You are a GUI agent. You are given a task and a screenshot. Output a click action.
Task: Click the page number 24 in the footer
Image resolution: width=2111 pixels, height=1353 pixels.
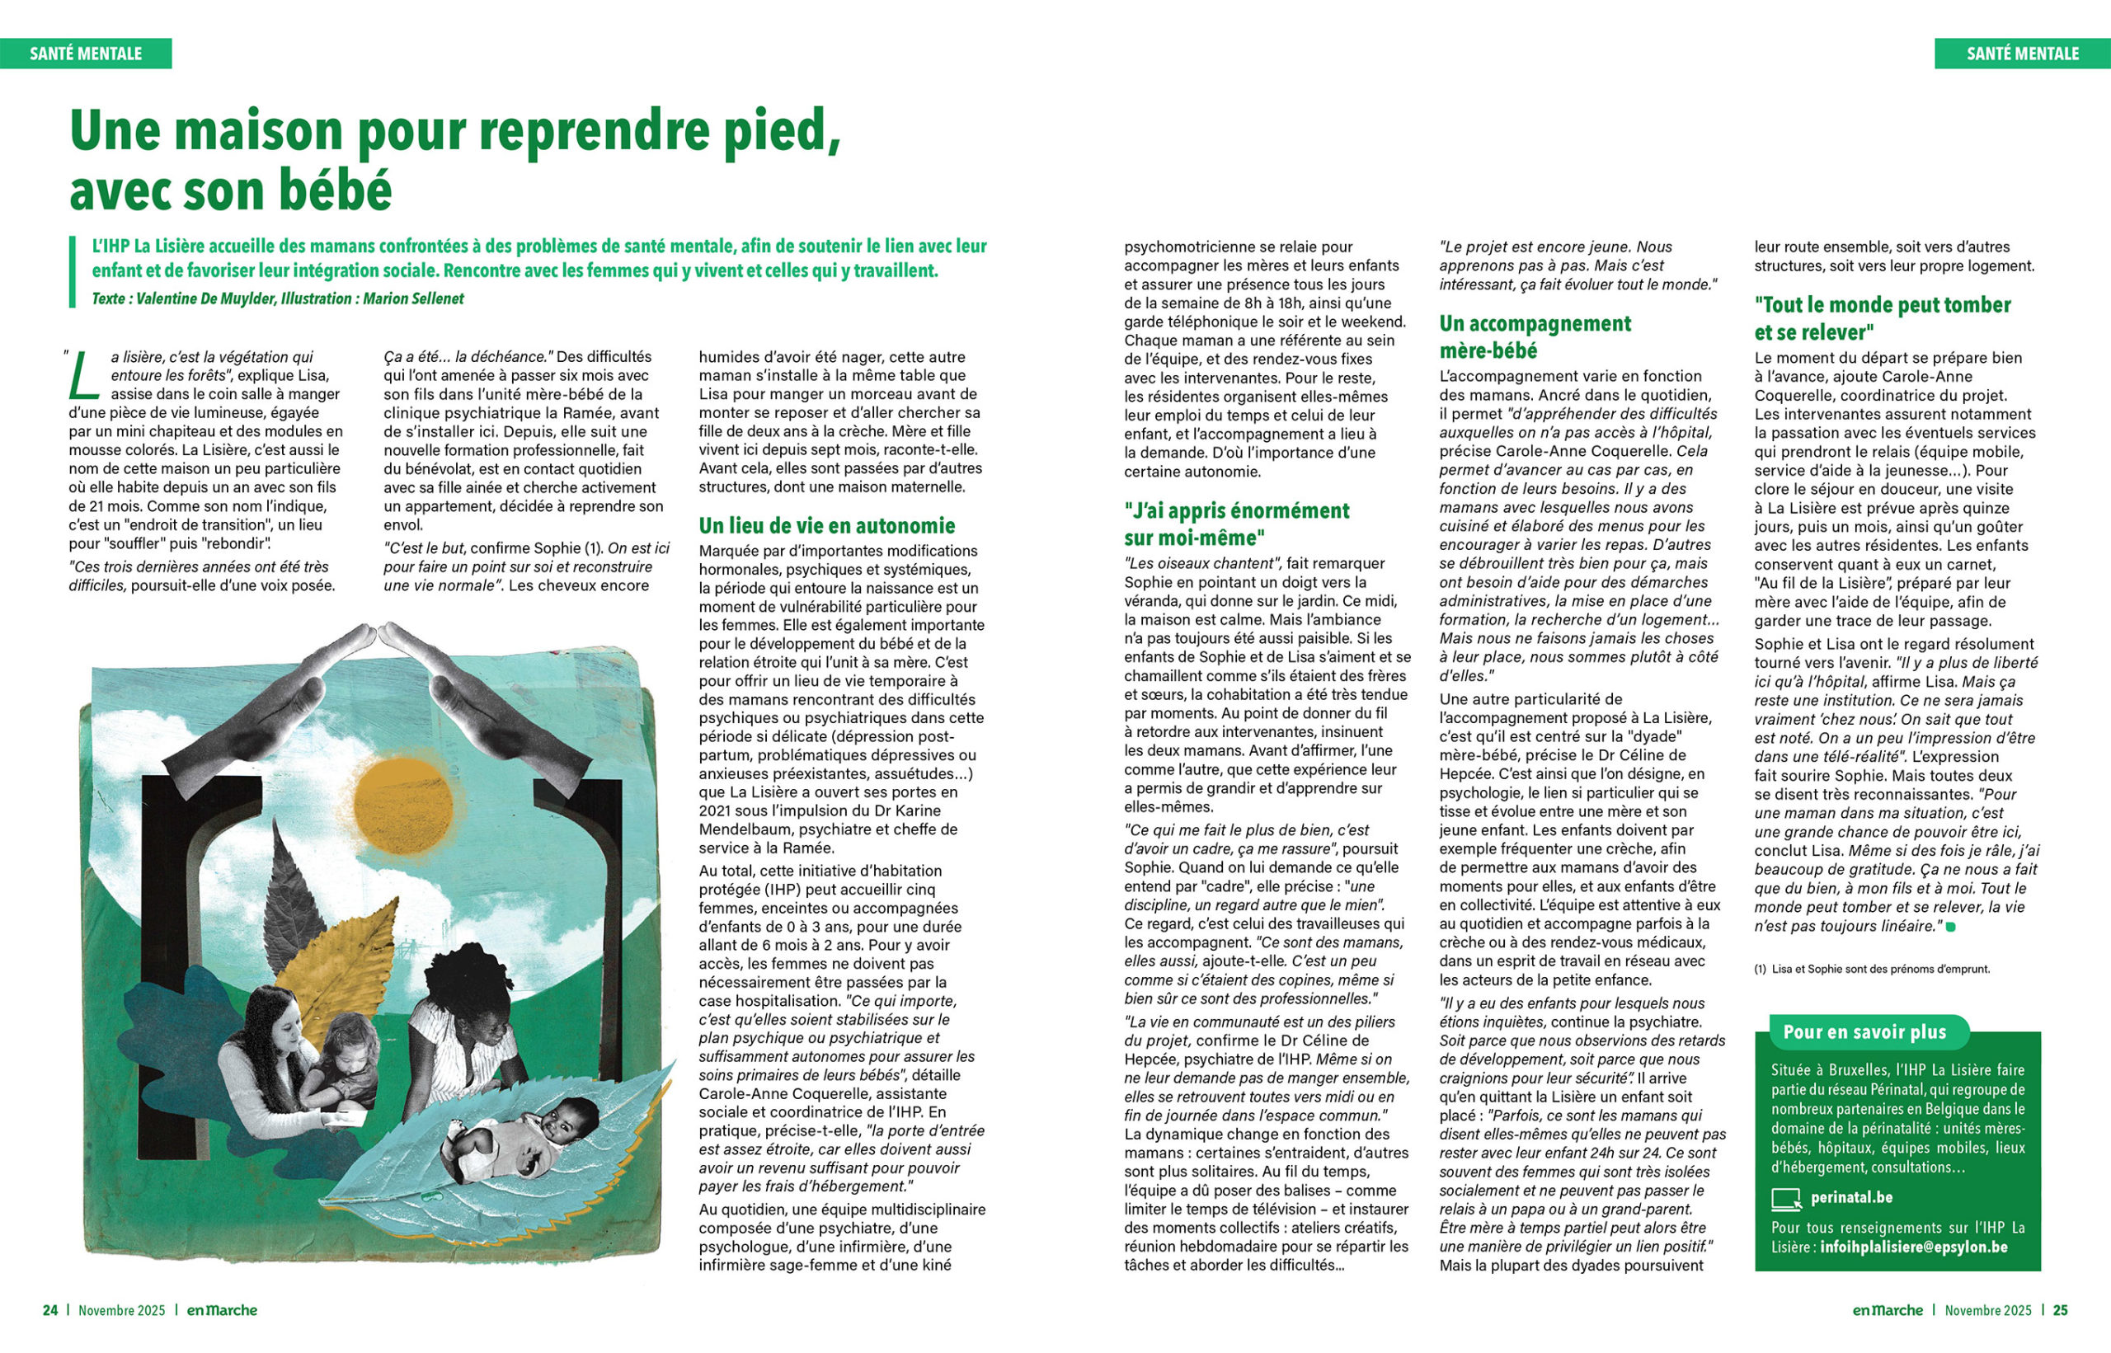pos(50,1310)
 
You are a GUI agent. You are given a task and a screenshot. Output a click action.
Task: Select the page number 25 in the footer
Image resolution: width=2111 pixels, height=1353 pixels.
pos(2060,1310)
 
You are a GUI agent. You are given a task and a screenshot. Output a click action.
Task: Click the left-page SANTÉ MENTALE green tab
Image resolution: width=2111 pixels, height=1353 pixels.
pos(85,54)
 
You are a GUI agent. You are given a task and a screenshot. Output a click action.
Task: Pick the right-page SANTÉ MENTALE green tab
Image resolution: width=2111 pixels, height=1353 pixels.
pos(2022,54)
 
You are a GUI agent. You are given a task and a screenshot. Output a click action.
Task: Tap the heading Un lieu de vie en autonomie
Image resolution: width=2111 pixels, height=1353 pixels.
pos(825,525)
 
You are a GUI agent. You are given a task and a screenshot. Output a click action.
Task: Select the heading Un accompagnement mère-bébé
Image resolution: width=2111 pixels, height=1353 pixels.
pos(1535,336)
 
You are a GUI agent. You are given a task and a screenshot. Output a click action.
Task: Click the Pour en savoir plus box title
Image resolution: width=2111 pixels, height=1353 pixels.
pos(1864,1031)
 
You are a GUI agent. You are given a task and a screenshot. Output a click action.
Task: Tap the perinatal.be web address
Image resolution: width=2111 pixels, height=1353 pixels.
pos(1851,1197)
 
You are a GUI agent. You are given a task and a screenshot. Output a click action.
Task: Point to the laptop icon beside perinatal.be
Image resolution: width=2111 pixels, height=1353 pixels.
pos(1787,1198)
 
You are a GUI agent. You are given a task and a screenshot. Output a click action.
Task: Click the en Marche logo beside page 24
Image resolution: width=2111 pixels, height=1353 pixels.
pos(221,1310)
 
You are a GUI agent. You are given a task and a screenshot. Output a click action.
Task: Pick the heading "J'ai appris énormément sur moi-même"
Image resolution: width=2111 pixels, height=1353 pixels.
pos(1236,524)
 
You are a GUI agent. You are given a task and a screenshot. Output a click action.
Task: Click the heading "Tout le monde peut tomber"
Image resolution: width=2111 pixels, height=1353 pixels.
pos(1882,318)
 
